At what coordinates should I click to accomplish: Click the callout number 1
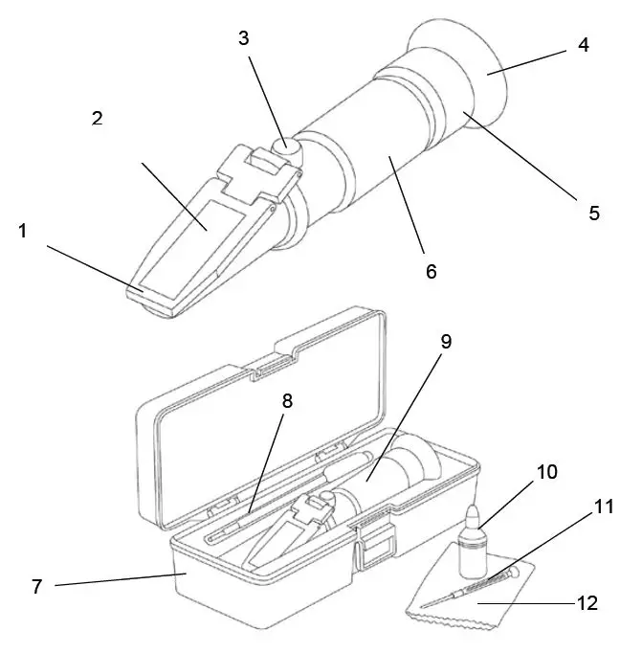point(22,232)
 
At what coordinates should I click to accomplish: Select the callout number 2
point(97,119)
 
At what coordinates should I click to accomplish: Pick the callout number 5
point(594,214)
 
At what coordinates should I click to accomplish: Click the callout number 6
point(431,272)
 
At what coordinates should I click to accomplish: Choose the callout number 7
point(37,586)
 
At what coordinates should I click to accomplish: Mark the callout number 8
point(287,401)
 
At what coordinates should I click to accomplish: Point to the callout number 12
point(587,603)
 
